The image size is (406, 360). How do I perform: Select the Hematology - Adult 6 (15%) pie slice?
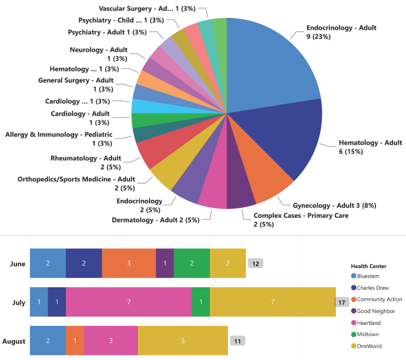(x=286, y=138)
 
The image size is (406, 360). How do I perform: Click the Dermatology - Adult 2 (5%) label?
(x=155, y=220)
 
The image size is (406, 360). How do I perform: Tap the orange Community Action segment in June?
(x=129, y=263)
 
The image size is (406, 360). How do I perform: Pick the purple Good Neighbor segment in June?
(x=165, y=263)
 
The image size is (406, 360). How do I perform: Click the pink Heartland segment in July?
(x=129, y=302)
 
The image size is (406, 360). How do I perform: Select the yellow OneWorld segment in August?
(x=183, y=341)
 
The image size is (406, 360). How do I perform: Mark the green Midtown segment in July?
(x=201, y=302)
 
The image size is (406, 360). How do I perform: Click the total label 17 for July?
(x=341, y=302)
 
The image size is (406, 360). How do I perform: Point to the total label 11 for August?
(x=238, y=341)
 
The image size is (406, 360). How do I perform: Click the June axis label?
(x=18, y=264)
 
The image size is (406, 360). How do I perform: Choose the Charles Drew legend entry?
(x=373, y=288)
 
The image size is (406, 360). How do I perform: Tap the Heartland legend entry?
(x=369, y=323)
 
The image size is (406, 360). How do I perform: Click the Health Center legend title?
(x=369, y=266)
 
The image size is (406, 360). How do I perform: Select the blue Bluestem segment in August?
(x=48, y=341)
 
